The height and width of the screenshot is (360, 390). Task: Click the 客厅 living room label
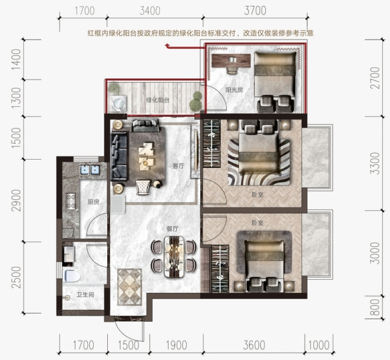pos(179,166)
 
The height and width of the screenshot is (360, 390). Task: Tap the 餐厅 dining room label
pos(173,229)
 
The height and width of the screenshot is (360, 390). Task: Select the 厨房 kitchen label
pos(94,202)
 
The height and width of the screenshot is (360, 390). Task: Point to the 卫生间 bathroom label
pos(85,295)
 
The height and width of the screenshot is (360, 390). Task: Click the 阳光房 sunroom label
pos(234,90)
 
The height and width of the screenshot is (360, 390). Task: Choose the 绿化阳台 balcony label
pos(158,100)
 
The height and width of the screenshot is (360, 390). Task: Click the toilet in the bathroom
pos(72,276)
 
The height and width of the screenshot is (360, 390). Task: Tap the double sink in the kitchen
pos(90,170)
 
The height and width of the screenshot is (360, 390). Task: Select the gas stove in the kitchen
pos(71,201)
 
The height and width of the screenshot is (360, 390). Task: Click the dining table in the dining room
pos(174,257)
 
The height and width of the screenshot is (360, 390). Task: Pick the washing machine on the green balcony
pos(118,103)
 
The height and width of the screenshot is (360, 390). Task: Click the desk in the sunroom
pos(232,61)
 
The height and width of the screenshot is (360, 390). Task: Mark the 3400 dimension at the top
pos(150,11)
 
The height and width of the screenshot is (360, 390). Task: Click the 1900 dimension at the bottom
pos(176,345)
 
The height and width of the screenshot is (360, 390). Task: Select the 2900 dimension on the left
pos(16,200)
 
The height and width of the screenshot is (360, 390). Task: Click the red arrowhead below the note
pos(167,45)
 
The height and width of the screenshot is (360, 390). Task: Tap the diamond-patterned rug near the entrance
pos(130,287)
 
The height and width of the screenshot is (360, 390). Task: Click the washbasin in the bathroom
pos(69,254)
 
